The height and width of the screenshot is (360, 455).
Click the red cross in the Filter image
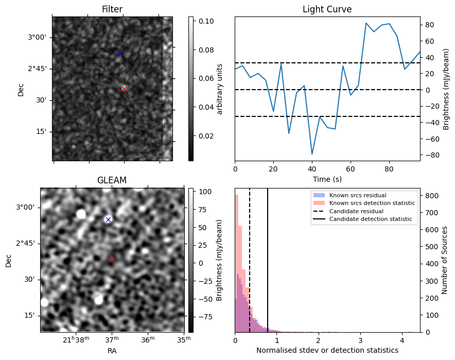124,89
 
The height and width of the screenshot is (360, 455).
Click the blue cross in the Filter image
120,53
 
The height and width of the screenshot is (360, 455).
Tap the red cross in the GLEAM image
112,261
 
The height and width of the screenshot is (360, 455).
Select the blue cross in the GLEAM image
108,220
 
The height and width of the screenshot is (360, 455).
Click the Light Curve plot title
327,9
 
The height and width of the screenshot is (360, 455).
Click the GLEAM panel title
112,180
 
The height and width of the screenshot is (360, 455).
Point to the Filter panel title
112,9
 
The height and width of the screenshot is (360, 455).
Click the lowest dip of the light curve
312,154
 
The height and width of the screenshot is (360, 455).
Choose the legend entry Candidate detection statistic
371,219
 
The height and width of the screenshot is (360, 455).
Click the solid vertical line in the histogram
268,260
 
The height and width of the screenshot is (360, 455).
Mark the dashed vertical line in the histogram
250,260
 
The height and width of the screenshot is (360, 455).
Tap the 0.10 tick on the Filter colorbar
206,21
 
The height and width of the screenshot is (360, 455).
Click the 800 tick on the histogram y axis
432,196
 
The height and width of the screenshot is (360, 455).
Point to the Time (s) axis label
327,179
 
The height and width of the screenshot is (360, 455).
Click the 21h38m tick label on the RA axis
76,339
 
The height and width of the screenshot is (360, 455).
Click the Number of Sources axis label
445,260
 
